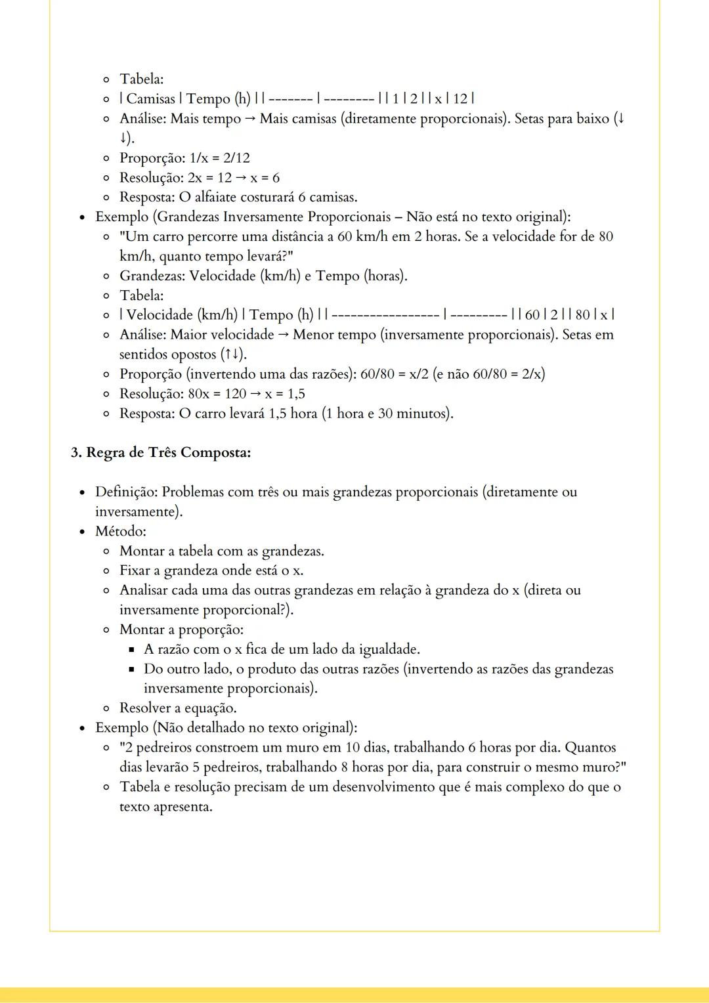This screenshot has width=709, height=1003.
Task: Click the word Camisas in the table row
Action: click(x=150, y=99)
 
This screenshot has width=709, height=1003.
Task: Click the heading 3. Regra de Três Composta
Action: click(x=161, y=453)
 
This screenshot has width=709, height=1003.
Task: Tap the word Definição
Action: click(x=125, y=492)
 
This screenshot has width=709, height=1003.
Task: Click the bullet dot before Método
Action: click(x=82, y=532)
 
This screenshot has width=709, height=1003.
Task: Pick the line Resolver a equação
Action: click(x=178, y=708)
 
